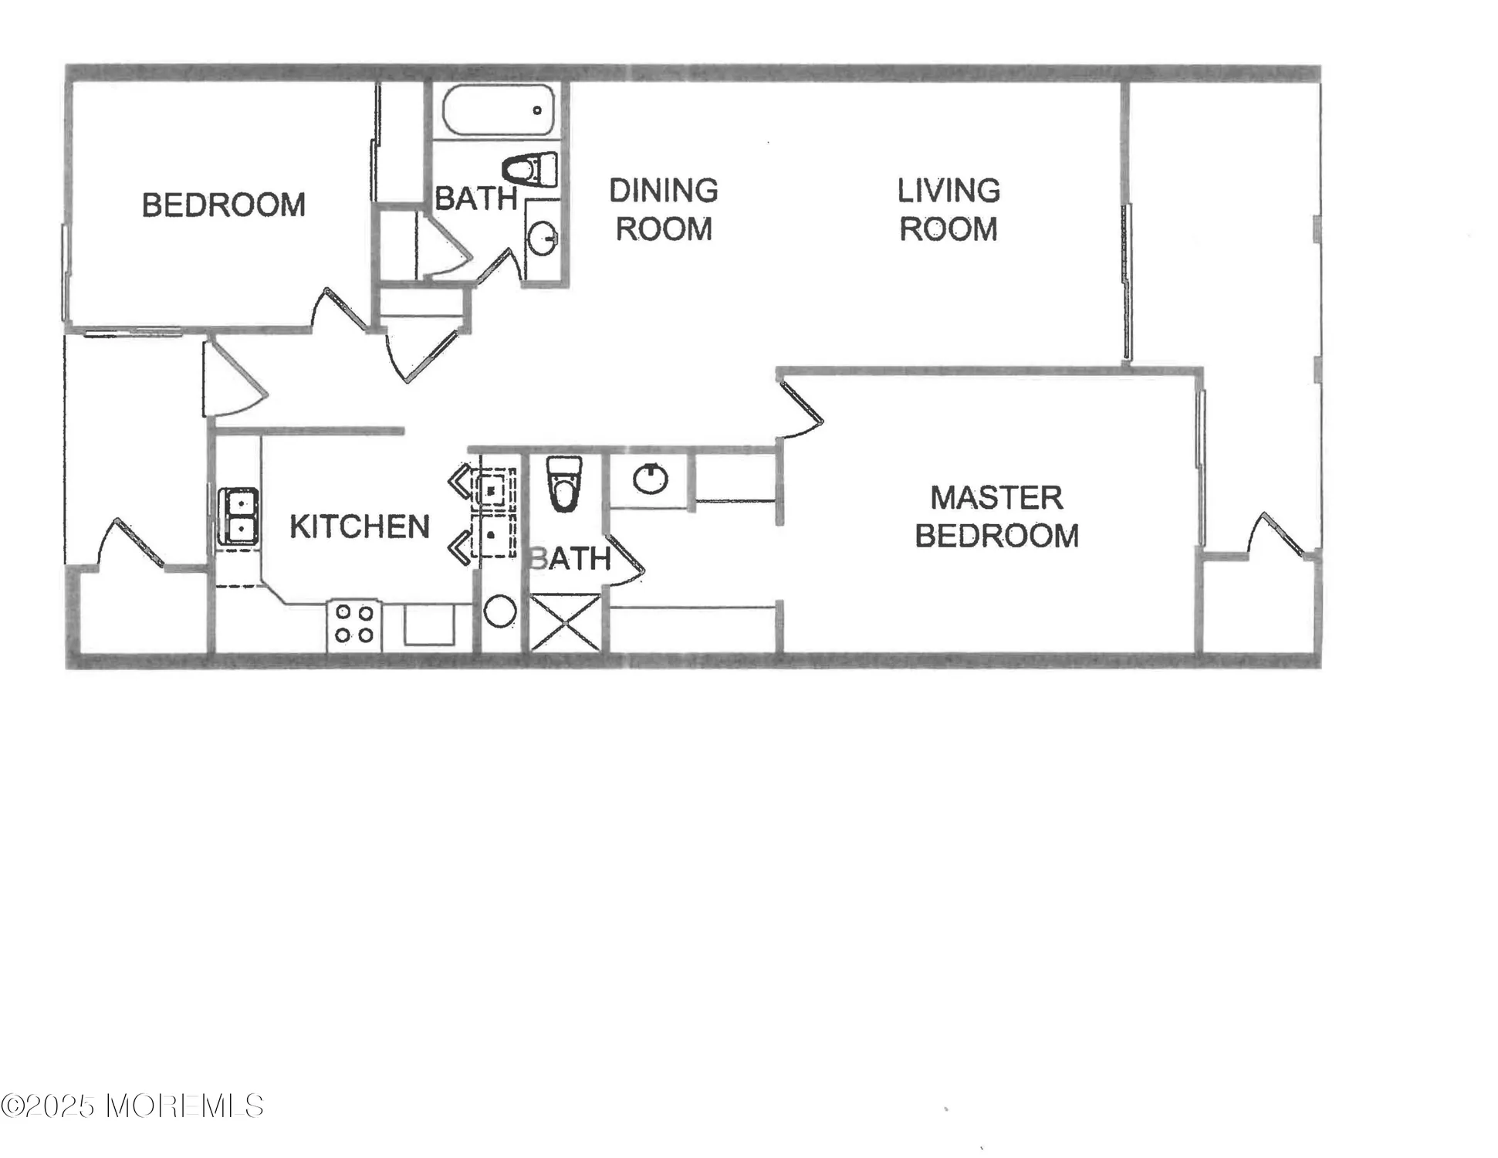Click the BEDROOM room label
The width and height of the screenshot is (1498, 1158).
224,205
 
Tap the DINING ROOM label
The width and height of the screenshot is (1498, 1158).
664,210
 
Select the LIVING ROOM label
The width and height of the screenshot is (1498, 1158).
949,210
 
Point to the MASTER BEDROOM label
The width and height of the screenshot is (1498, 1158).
996,516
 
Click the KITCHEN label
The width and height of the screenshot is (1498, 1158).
360,527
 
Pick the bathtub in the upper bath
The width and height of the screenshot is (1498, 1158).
499,110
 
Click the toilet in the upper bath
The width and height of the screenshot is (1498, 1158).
530,169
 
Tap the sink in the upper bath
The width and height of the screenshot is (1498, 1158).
543,239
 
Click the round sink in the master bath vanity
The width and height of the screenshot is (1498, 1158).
651,479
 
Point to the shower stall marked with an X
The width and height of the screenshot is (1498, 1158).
565,621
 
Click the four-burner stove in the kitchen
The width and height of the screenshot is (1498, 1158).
354,625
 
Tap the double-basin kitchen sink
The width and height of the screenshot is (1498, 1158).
238,516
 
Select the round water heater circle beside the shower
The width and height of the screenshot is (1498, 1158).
500,611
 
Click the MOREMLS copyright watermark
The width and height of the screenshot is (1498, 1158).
132,1106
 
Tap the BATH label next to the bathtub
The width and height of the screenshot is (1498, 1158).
475,199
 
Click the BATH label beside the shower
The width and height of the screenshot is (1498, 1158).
570,559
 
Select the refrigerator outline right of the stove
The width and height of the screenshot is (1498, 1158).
429,624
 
